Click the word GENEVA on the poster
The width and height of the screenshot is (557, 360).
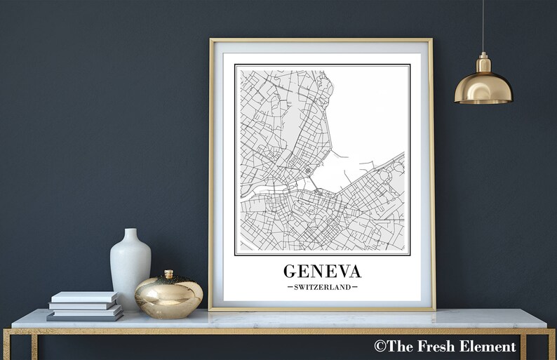pyautogui.click(x=322, y=271)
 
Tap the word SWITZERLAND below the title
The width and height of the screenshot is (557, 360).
pyautogui.click(x=322, y=287)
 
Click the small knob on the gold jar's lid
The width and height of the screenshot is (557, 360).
pyautogui.click(x=168, y=274)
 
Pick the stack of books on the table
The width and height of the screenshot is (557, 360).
pyautogui.click(x=85, y=306)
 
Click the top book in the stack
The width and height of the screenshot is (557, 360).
pyautogui.click(x=83, y=297)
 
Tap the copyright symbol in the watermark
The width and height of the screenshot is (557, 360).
pyautogui.click(x=380, y=346)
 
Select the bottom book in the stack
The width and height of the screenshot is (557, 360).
pyautogui.click(x=85, y=316)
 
